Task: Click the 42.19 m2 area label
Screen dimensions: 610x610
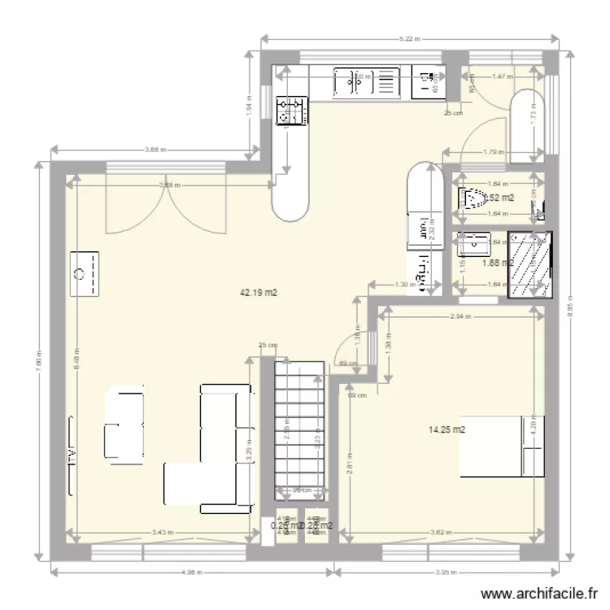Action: [x=259, y=293]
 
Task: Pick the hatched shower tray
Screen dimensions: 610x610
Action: [x=529, y=263]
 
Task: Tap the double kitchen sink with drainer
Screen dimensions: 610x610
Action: [x=368, y=81]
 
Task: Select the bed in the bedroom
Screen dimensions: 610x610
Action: [x=503, y=446]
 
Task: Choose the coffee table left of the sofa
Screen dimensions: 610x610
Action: [x=124, y=422]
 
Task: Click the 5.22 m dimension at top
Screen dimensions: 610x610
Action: [x=409, y=38]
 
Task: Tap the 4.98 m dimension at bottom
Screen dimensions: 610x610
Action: [x=191, y=572]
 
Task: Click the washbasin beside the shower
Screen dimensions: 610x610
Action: [x=473, y=243]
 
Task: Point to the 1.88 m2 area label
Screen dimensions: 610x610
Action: [x=495, y=263]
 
